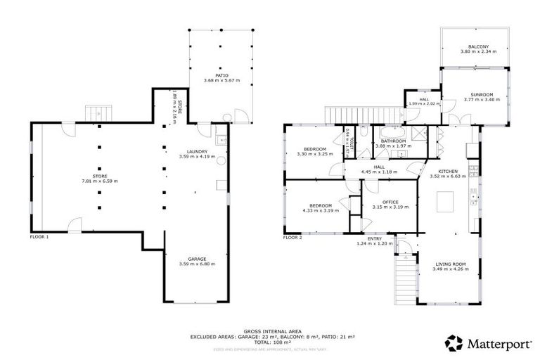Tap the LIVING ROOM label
click(449, 266)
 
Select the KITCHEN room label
click(449, 171)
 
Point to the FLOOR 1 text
click(39, 238)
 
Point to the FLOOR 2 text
click(292, 238)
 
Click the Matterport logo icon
click(454, 342)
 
